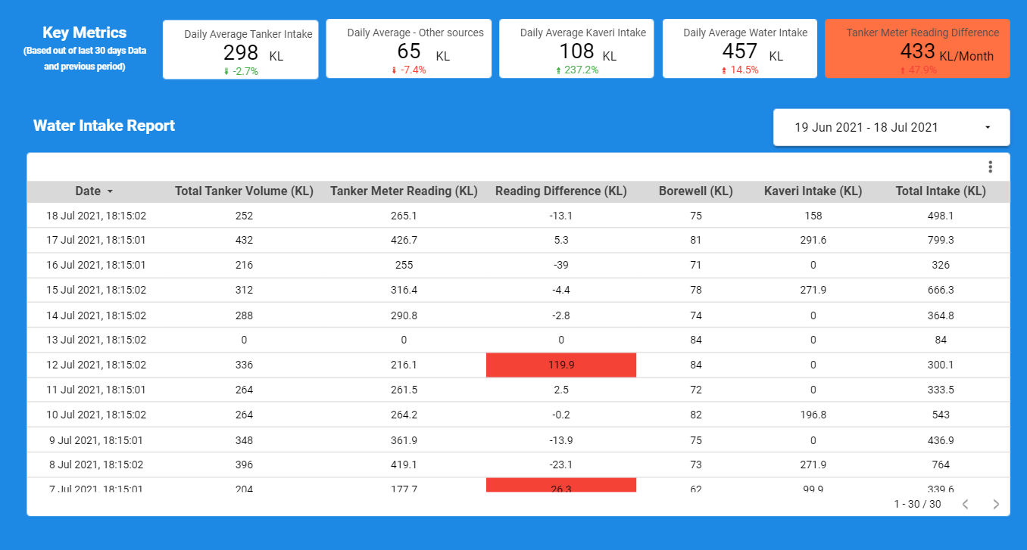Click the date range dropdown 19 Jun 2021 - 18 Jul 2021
(891, 127)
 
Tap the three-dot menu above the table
(990, 167)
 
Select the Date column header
(88, 191)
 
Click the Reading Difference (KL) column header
(560, 191)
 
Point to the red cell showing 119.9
(560, 365)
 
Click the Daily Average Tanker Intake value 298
(241, 52)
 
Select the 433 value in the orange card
(917, 51)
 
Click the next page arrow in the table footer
(996, 505)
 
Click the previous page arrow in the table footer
(966, 505)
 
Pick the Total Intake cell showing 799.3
(940, 241)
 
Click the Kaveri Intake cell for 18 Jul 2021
(813, 216)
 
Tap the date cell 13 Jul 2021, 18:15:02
(96, 340)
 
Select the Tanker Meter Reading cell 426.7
(404, 241)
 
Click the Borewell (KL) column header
(695, 191)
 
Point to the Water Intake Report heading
(104, 126)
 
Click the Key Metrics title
(84, 33)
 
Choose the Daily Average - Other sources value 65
(409, 51)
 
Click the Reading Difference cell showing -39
(560, 266)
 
